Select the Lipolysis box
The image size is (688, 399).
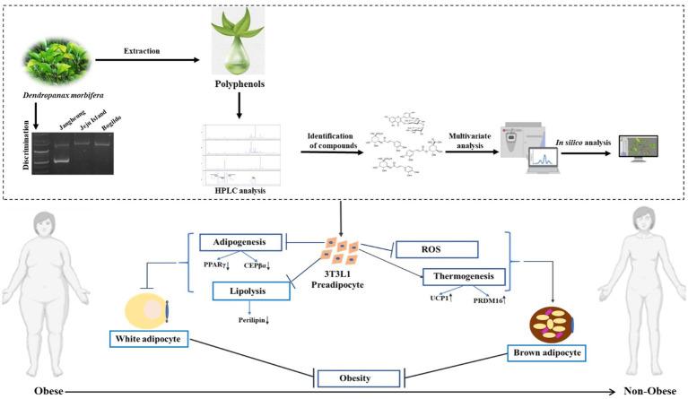[x=250, y=290]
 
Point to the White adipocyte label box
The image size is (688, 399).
[x=155, y=337]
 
